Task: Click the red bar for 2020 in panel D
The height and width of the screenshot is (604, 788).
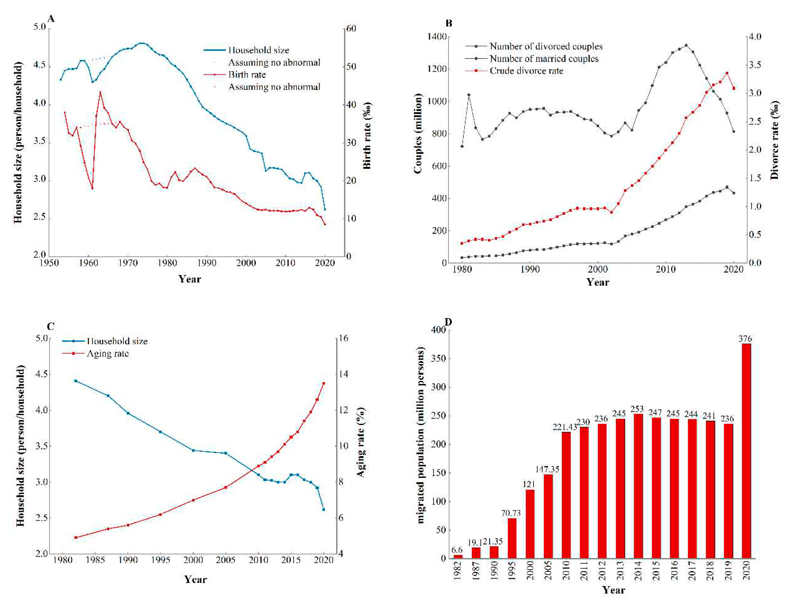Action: pyautogui.click(x=746, y=451)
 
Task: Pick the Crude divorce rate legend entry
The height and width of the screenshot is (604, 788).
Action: pyautogui.click(x=526, y=71)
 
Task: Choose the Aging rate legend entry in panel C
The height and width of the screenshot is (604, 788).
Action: pyautogui.click(x=108, y=353)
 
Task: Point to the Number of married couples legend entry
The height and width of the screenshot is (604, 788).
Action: pyautogui.click(x=544, y=59)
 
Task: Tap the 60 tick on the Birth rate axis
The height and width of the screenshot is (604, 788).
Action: pyautogui.click(x=351, y=28)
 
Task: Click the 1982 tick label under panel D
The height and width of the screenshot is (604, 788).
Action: pyautogui.click(x=458, y=571)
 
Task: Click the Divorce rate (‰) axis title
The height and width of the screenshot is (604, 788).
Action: pyautogui.click(x=774, y=140)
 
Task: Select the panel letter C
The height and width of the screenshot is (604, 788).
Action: pyautogui.click(x=51, y=326)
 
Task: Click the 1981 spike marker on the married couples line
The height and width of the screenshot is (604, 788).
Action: pyautogui.click(x=469, y=95)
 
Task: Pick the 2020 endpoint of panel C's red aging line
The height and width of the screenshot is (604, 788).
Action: pyautogui.click(x=324, y=383)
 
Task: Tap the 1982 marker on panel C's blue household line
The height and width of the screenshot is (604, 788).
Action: pyautogui.click(x=76, y=381)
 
